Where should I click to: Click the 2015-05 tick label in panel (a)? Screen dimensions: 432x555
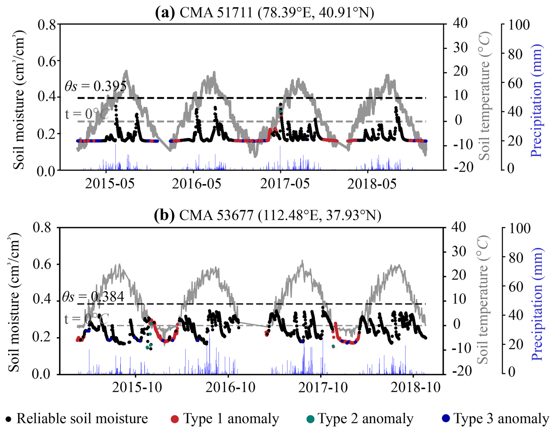tap(110, 184)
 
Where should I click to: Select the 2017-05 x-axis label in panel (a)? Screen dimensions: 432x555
tap(285, 184)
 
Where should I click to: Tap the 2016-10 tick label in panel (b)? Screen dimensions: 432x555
tap(230, 387)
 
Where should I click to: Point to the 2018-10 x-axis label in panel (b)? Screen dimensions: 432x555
tap(415, 387)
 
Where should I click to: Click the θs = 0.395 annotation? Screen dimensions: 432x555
tap(96, 86)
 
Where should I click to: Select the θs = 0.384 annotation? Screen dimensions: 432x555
tap(93, 297)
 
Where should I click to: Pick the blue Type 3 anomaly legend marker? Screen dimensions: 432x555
tap(446, 418)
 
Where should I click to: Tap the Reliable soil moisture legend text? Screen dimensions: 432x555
tap(82, 418)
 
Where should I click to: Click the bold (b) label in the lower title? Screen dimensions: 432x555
tap(164, 215)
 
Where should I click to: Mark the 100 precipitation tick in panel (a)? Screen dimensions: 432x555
tap(519, 25)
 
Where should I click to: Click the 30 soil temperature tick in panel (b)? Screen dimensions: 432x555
tap(459, 252)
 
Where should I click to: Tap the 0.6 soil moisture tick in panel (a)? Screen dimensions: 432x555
tap(47, 61)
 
